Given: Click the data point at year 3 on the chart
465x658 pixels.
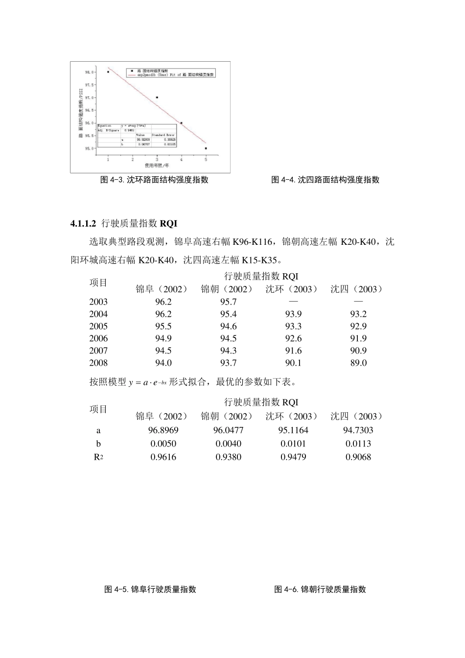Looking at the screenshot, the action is (157, 97).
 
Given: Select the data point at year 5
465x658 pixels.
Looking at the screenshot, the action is (206, 148).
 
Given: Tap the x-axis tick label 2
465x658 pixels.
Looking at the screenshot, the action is (133, 160).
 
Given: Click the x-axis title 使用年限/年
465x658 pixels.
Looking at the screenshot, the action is (157, 165).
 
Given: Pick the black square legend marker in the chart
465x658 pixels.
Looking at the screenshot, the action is (132, 70).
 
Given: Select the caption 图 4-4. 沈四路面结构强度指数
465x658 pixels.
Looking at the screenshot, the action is (325, 180).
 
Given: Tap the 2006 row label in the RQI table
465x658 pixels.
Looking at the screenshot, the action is (98, 338).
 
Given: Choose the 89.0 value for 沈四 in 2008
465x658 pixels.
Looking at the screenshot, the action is (358, 363).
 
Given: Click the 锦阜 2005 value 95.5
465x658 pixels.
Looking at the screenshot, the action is (163, 326).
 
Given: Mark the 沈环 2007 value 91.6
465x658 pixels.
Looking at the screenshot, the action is (293, 351).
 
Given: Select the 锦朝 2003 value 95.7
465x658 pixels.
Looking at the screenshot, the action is (228, 302).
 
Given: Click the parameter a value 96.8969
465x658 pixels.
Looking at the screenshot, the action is (163, 430).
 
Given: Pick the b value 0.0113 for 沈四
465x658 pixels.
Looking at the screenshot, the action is (358, 444).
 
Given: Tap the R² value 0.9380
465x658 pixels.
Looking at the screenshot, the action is (228, 457).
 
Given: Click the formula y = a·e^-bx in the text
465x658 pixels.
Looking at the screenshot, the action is (147, 382).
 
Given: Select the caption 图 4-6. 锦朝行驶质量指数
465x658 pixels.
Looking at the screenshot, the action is (320, 589).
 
